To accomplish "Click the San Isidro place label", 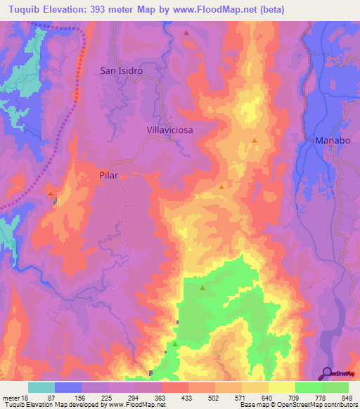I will [122, 70].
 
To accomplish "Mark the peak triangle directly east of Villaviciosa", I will [255, 141].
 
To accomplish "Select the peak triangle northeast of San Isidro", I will [186, 33].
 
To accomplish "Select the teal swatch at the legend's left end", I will [41, 387].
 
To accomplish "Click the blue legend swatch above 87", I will [68, 387].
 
